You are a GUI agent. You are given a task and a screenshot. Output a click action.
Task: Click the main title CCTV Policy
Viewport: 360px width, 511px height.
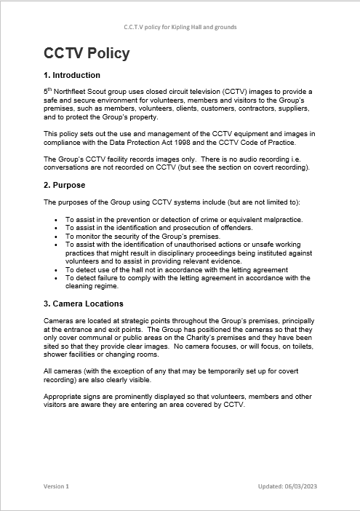87,53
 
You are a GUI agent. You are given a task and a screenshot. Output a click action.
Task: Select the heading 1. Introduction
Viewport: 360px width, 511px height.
72,75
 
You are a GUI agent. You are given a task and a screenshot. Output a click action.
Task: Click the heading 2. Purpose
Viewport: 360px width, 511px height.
65,185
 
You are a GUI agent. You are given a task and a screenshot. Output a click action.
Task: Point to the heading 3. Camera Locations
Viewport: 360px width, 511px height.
84,304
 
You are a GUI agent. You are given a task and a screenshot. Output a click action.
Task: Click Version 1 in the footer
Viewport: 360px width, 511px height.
56,486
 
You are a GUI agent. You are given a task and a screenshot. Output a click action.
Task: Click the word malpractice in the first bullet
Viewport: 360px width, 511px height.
279,219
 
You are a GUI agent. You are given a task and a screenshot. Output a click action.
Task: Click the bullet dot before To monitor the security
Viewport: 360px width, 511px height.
57,237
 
